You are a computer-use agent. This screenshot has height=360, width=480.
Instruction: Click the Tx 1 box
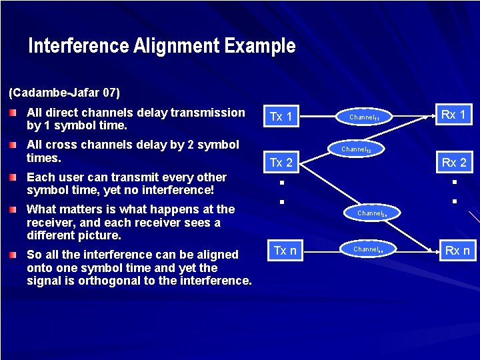[x=281, y=117]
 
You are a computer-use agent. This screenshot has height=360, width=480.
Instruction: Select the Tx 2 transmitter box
[x=281, y=163]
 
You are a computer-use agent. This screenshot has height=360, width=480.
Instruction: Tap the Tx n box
[x=285, y=250]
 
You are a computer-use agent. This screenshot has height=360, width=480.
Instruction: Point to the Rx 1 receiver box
[x=453, y=115]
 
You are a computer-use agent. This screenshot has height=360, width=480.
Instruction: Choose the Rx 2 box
[x=453, y=163]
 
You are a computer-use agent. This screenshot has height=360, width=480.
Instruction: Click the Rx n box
[x=457, y=251]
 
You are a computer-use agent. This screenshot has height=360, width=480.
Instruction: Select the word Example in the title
[x=260, y=46]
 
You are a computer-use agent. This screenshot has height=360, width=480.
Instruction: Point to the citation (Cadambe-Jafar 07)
[x=64, y=91]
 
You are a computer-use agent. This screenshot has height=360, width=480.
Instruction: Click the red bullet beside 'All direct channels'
[x=14, y=113]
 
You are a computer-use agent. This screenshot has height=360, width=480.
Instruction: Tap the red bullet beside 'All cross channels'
[x=14, y=145]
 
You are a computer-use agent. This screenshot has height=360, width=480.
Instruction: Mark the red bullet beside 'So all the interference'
[x=14, y=255]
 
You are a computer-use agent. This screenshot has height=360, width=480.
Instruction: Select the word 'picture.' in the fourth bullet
[x=98, y=235]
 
